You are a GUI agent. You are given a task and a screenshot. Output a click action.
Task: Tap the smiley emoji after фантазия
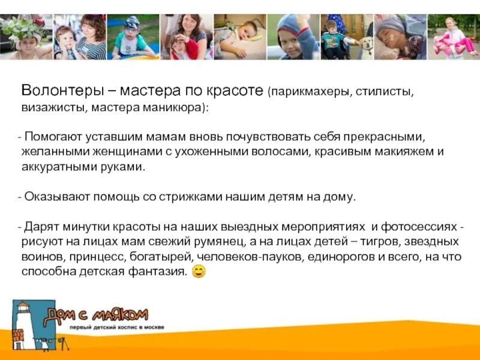click(x=199, y=272)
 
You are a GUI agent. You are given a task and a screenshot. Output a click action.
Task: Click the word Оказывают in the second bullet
click(x=55, y=197)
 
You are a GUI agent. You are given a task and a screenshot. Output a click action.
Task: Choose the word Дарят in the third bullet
click(x=40, y=227)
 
